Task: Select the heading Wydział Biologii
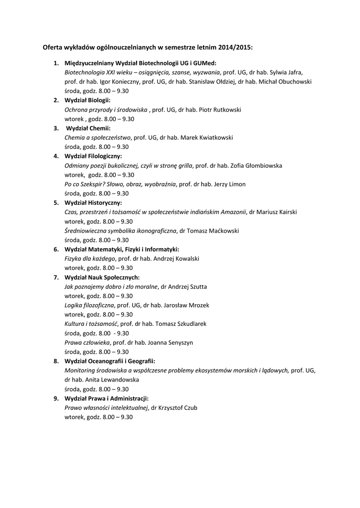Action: (87, 100)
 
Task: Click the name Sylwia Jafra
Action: (286, 72)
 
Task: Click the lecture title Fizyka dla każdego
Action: (90, 258)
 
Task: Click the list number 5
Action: (56, 203)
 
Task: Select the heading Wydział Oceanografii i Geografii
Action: (110, 361)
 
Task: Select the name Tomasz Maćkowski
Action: (214, 231)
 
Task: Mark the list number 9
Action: (56, 398)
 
